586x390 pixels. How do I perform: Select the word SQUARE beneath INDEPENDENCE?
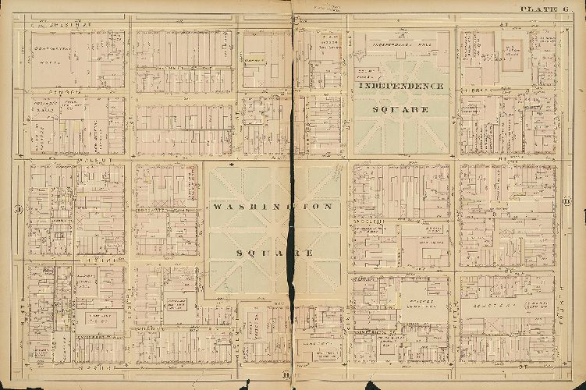(x=400, y=109)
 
